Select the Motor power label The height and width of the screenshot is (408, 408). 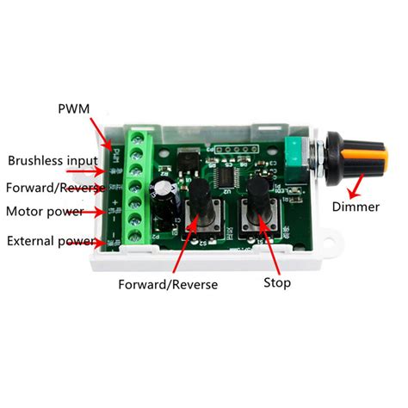pos(44,211)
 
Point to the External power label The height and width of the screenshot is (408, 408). pos(48,240)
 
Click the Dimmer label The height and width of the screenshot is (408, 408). pos(360,207)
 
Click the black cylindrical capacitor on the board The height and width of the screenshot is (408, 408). pos(165,200)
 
